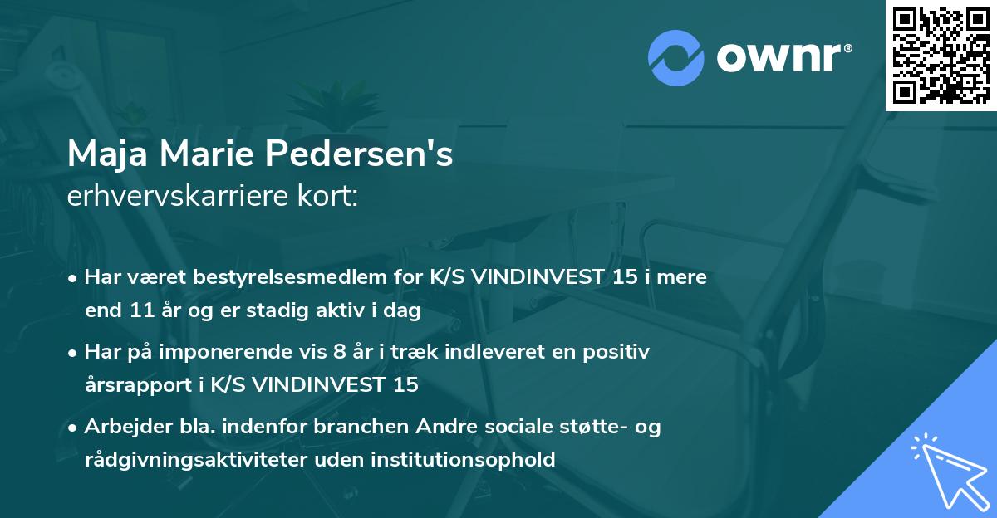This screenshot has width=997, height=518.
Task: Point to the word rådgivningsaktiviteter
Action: [198, 460]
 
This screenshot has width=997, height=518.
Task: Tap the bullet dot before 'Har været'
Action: [74, 278]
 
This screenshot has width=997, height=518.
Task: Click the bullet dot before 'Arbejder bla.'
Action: [74, 428]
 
